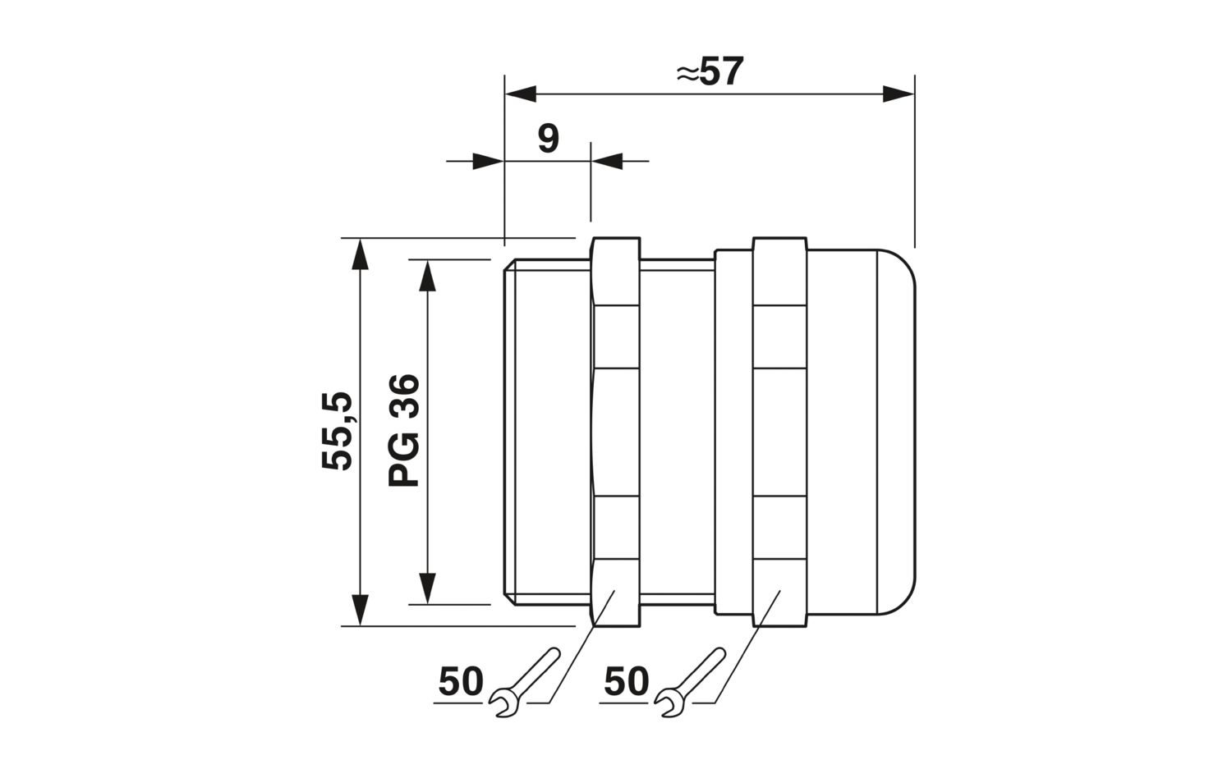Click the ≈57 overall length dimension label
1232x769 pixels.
pos(710,71)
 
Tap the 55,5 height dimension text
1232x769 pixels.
pos(337,431)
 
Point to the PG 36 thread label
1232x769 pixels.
pos(404,430)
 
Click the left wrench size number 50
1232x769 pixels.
pos(461,682)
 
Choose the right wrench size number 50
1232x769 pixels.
pos(627,682)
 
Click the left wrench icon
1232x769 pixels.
pos(524,682)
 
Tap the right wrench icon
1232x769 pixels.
pos(690,682)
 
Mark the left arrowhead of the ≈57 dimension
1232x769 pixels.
pos(520,94)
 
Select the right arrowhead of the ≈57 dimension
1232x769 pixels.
pos(899,94)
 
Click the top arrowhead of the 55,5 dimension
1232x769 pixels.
pos(360,254)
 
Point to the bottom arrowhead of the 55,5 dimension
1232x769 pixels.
pos(360,610)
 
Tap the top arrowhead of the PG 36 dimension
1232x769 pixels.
pos(427,275)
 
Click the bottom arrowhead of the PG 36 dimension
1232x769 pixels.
pos(427,588)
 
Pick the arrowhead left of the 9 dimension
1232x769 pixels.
pos(489,161)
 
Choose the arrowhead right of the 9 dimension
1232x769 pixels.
pos(607,161)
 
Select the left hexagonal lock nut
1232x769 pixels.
pos(615,432)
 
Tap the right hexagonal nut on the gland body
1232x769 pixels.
pos(780,432)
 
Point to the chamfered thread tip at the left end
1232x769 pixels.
pos(510,432)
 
